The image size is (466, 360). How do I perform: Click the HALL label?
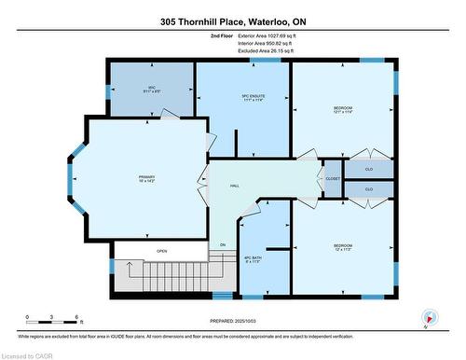(235, 187)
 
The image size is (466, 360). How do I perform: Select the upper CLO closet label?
(368, 170)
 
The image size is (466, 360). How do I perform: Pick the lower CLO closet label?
(368, 188)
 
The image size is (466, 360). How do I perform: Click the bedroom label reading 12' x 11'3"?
(343, 248)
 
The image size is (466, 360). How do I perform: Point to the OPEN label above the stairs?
(161, 251)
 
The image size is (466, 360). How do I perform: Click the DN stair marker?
(223, 245)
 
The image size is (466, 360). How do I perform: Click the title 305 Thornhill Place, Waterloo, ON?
(233, 21)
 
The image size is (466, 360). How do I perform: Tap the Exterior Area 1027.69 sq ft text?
(271, 35)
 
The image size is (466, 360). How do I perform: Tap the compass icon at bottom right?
(429, 317)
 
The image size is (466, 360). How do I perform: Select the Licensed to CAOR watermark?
(27, 354)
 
